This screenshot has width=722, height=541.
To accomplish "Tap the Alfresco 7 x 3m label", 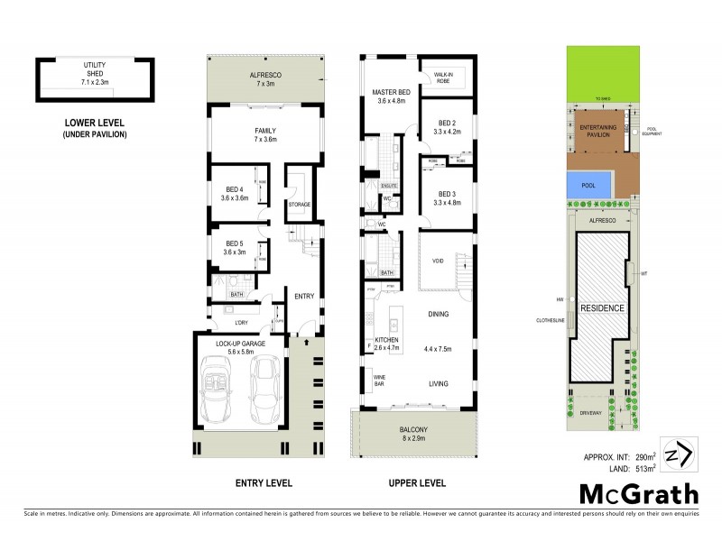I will point(265,79).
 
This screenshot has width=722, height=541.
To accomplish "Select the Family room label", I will point(264,135).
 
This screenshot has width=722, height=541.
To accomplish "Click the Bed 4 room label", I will point(234,192).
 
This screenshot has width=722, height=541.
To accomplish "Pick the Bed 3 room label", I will point(449,198).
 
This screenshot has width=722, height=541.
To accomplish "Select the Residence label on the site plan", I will point(602,307).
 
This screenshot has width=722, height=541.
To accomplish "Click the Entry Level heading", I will point(264,483).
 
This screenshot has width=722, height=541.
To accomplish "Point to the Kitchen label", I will point(386,343).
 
